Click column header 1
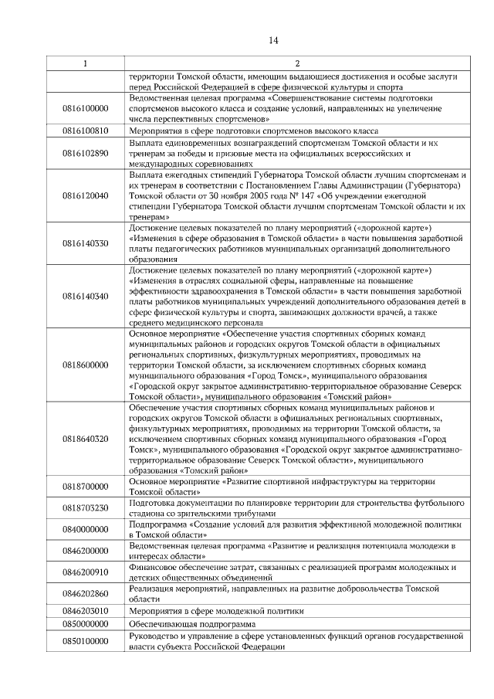85,63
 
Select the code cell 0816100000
85,109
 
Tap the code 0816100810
85,131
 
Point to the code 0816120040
85,196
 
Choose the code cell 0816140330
85,243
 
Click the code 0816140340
85,296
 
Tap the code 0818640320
85,438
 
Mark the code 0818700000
85,486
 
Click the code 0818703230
85,507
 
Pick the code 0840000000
85,529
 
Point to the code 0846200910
85,572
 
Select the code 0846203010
85,609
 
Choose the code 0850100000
85,641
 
